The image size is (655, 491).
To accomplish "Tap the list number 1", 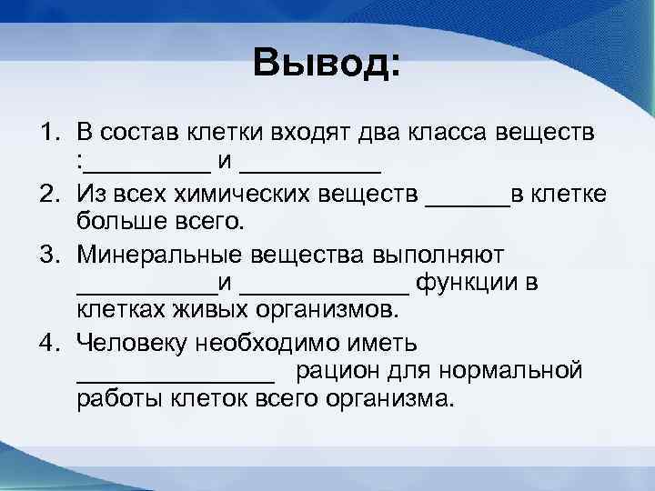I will (47, 134).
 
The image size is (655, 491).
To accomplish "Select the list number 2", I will (47, 193).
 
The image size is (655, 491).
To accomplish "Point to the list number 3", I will (47, 252).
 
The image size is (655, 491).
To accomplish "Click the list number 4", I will (47, 342).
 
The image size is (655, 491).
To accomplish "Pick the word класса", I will (446, 134).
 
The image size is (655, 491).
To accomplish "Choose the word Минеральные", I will (156, 252).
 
